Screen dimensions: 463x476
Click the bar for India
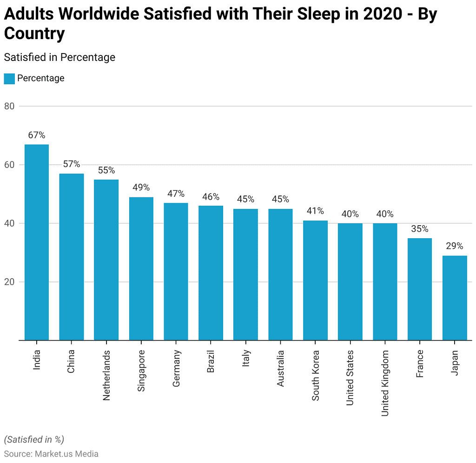pyautogui.click(x=37, y=242)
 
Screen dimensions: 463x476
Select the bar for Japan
pyautogui.click(x=455, y=298)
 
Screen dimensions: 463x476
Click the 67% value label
pyautogui.click(x=37, y=135)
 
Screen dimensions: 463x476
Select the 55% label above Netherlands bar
pyautogui.click(x=106, y=170)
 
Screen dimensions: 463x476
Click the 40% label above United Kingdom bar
pyautogui.click(x=385, y=214)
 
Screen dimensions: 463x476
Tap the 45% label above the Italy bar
pyautogui.click(x=245, y=199)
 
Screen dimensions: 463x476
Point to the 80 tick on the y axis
pyautogui.click(x=10, y=106)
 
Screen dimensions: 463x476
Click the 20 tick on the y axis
pyautogui.click(x=10, y=282)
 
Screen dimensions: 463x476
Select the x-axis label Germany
pyautogui.click(x=177, y=369)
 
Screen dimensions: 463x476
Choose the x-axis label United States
pyautogui.click(x=350, y=378)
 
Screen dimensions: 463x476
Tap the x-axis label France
pyautogui.click(x=420, y=364)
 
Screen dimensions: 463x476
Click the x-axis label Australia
pyautogui.click(x=281, y=369)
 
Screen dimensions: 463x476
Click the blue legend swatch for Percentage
pyautogui.click(x=9, y=79)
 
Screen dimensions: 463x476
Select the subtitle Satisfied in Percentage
pyautogui.click(x=59, y=57)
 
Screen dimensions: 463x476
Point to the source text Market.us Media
pyautogui.click(x=66, y=454)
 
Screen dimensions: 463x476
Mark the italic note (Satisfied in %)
pyautogui.click(x=34, y=439)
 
